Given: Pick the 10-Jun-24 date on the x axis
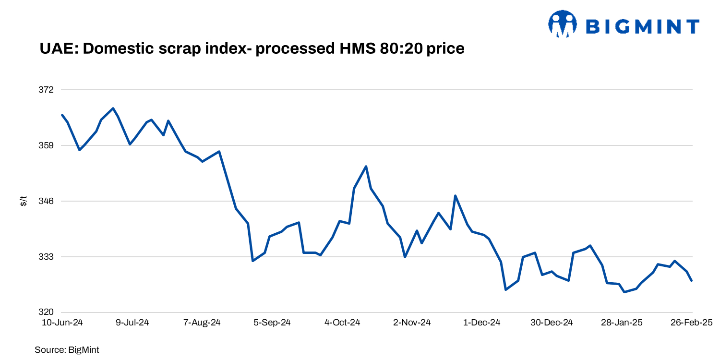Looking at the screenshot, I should [63, 323].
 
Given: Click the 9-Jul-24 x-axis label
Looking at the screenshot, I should [132, 323].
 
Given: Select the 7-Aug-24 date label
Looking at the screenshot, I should [202, 323].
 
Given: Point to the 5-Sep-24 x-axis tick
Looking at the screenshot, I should [272, 323].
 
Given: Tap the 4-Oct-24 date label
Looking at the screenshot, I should [342, 323].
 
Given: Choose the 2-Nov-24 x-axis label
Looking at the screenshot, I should [412, 323].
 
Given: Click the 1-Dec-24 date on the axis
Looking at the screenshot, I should [482, 323].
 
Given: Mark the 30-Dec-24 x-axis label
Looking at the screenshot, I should [552, 323].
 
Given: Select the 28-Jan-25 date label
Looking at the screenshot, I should [622, 323].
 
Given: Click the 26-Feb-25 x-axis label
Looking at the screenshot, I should [691, 323].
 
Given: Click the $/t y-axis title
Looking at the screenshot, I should [24, 201].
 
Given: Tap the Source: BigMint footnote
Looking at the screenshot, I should [67, 350].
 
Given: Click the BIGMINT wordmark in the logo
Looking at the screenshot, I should [643, 26].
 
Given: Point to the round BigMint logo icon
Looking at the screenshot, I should [563, 24].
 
